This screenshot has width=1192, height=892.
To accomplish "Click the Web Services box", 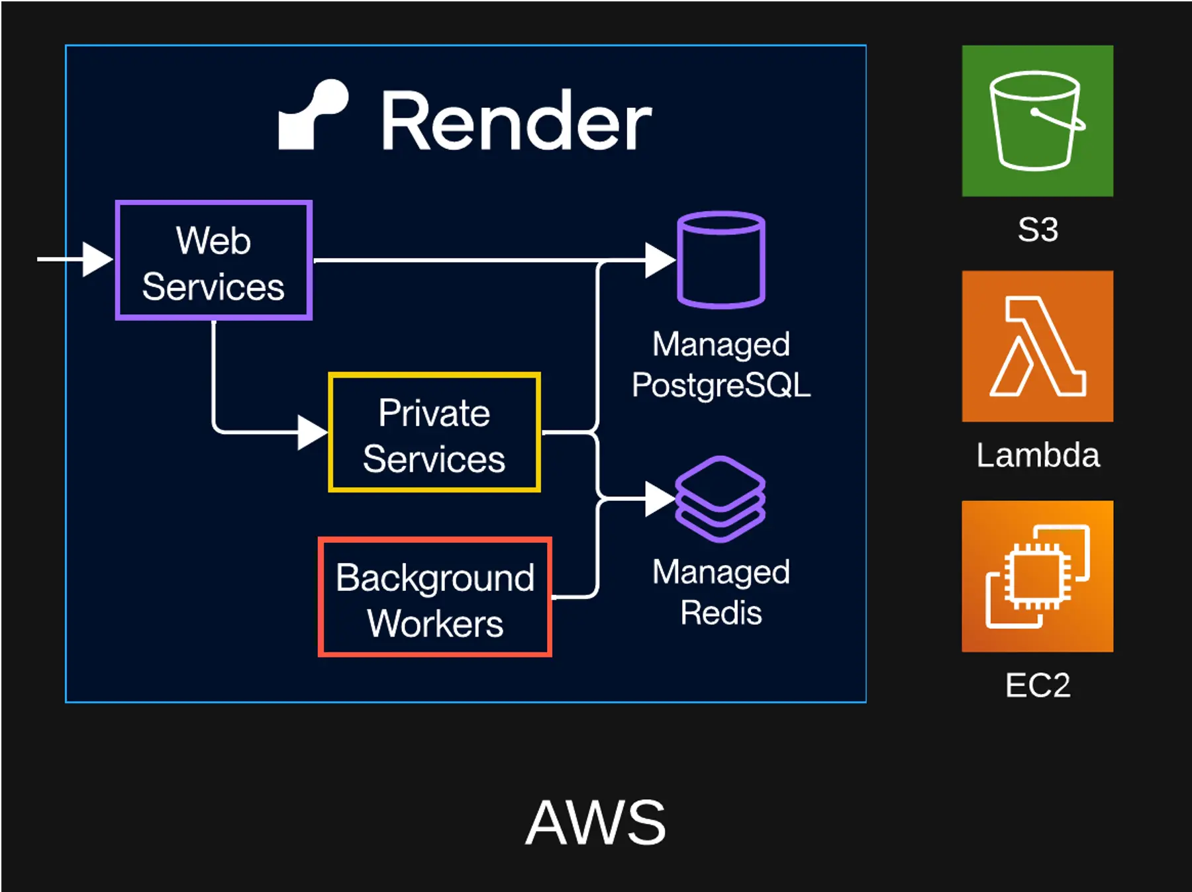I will (x=213, y=260).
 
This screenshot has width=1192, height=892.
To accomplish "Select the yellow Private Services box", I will (x=434, y=432).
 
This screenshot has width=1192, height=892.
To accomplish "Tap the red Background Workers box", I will (x=434, y=597).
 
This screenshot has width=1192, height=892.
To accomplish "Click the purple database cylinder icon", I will (x=721, y=259).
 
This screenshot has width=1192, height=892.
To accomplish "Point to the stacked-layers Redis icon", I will (x=720, y=499).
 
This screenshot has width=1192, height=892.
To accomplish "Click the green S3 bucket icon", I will (x=1037, y=120).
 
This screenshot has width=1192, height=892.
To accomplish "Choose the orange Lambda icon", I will (x=1037, y=346).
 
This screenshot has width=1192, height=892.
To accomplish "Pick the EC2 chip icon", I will (x=1037, y=576).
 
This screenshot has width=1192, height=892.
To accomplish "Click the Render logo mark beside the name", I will (x=313, y=115).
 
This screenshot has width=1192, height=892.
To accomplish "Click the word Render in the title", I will (x=517, y=122).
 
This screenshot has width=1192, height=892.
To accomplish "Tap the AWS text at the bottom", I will (x=595, y=823).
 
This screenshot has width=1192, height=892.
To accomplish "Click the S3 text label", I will (x=1038, y=230).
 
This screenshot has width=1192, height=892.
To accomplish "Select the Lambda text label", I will (x=1038, y=455).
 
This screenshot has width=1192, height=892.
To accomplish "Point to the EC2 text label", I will (x=1038, y=685).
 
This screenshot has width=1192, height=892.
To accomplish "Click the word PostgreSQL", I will (x=721, y=385).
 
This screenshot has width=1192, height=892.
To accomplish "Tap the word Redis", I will (x=721, y=613).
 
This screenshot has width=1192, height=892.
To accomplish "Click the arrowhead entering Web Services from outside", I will (x=97, y=259).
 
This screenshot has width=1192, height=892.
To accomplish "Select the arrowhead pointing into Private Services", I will (x=312, y=432).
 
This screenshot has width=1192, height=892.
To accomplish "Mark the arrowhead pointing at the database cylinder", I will (x=659, y=260).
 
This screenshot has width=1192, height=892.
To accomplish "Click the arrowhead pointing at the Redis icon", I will (x=659, y=499).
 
